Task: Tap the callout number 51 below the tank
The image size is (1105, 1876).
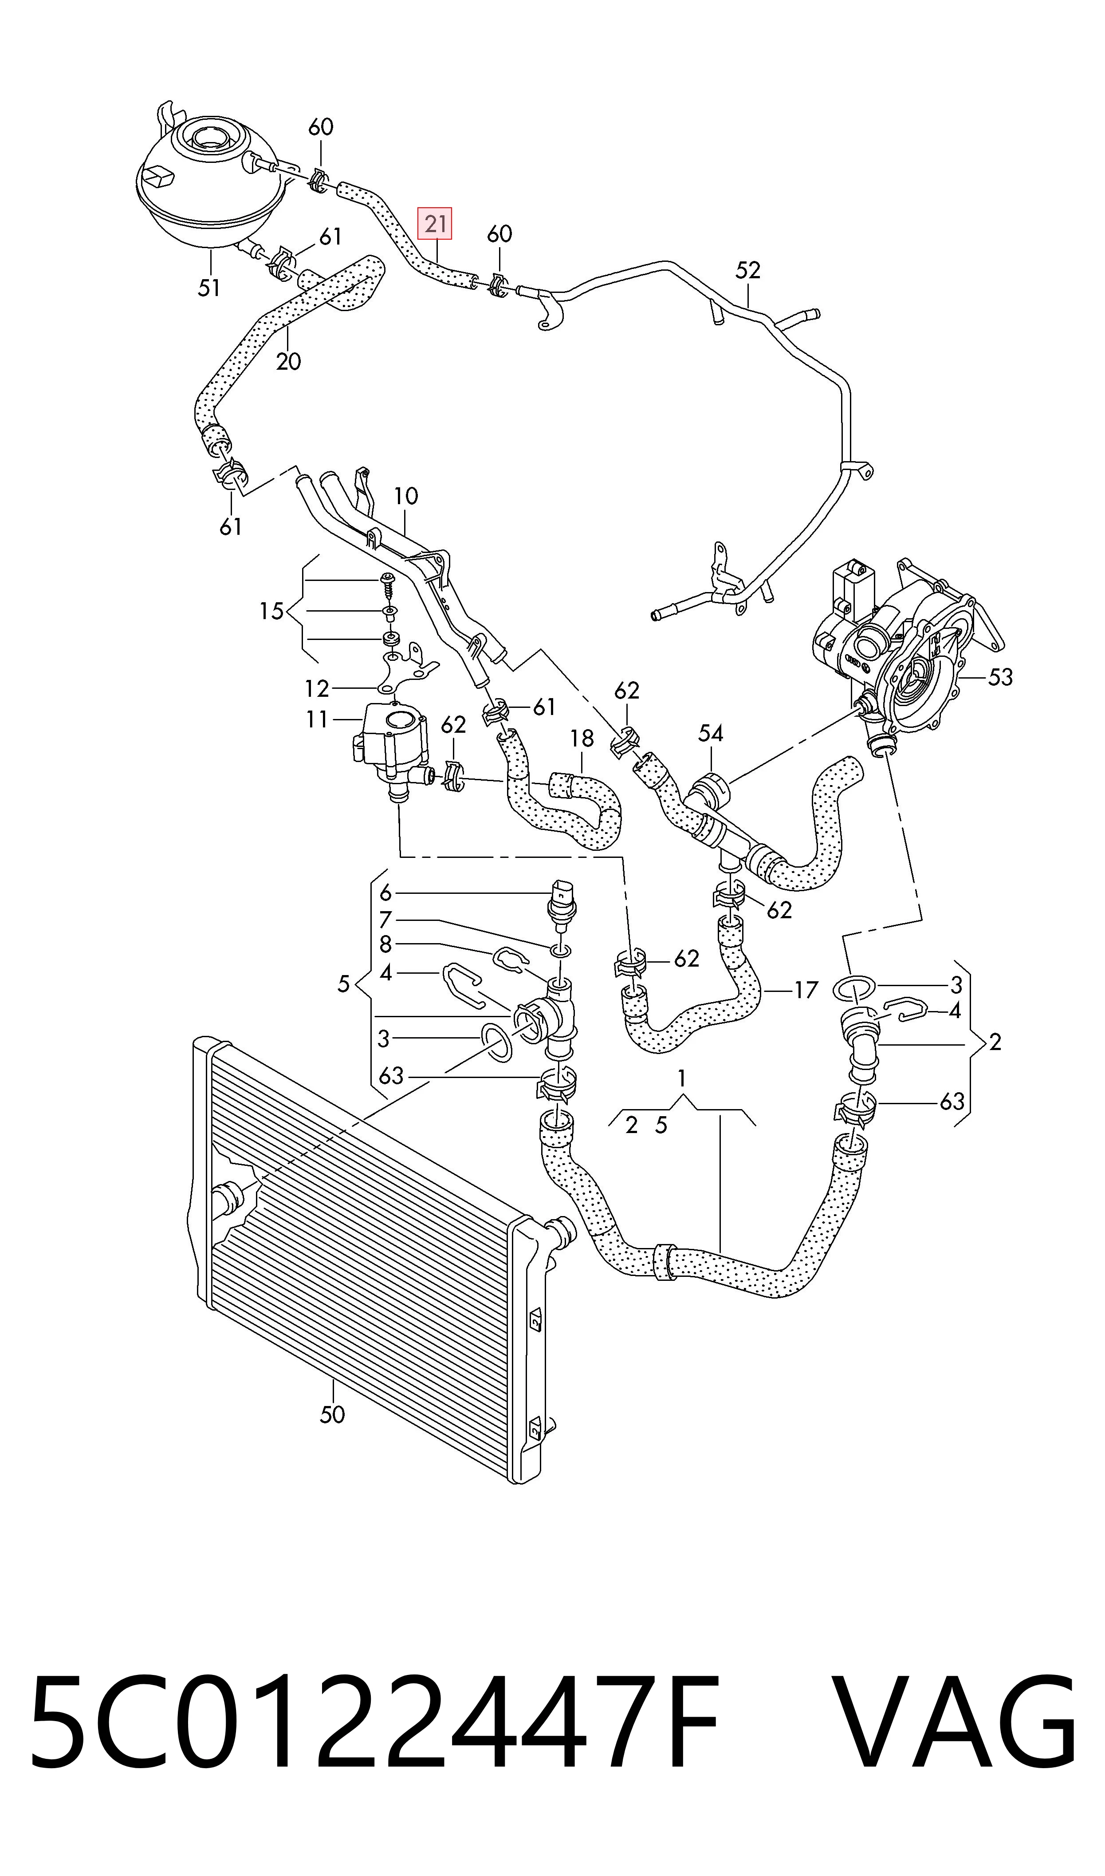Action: pos(209,288)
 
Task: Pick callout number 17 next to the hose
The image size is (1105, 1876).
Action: pos(806,991)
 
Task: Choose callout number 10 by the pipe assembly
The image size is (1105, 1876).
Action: pos(406,496)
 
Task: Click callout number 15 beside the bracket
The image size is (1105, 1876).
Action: pos(272,612)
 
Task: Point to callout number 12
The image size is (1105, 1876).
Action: pos(317,688)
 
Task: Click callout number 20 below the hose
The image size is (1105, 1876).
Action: pos(288,362)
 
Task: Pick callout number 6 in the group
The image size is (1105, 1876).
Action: pos(385,892)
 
